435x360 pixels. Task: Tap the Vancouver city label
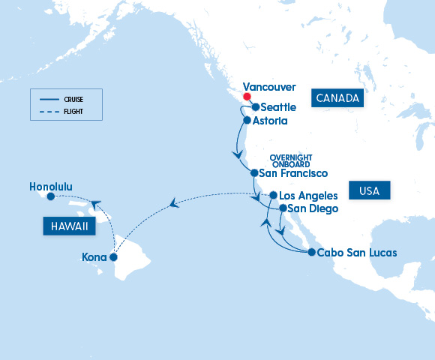pos(270,87)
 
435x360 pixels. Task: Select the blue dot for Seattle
pos(256,107)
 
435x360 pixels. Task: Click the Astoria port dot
pos(247,119)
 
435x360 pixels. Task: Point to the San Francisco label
pos(292,173)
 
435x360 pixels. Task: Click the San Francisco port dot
pos(254,173)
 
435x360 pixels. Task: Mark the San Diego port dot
pos(283,208)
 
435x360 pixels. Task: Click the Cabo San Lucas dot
pos(311,252)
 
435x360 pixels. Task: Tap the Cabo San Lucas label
pos(357,252)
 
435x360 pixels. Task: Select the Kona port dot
pos(113,256)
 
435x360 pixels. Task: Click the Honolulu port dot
pos(50,197)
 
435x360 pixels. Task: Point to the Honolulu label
pos(51,185)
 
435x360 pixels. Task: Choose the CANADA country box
pos(338,98)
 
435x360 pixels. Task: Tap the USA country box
pos(370,191)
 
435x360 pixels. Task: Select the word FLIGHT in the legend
pos(73,111)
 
